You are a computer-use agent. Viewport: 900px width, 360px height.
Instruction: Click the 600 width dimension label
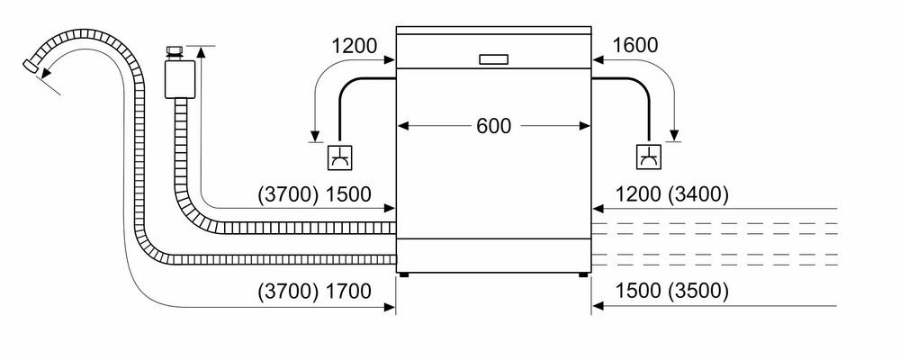[x=493, y=126]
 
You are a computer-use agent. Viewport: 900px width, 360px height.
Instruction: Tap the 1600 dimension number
[x=635, y=45]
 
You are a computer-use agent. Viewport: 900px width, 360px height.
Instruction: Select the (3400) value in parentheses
[x=698, y=195]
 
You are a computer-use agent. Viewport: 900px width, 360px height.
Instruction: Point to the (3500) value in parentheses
[x=698, y=291]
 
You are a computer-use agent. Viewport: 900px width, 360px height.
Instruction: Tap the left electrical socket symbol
[x=340, y=157]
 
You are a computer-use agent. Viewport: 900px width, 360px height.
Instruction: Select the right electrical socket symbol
[x=649, y=157]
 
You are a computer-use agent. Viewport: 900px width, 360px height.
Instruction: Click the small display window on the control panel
[x=493, y=59]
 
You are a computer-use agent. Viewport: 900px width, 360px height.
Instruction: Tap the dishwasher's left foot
[x=405, y=275]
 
